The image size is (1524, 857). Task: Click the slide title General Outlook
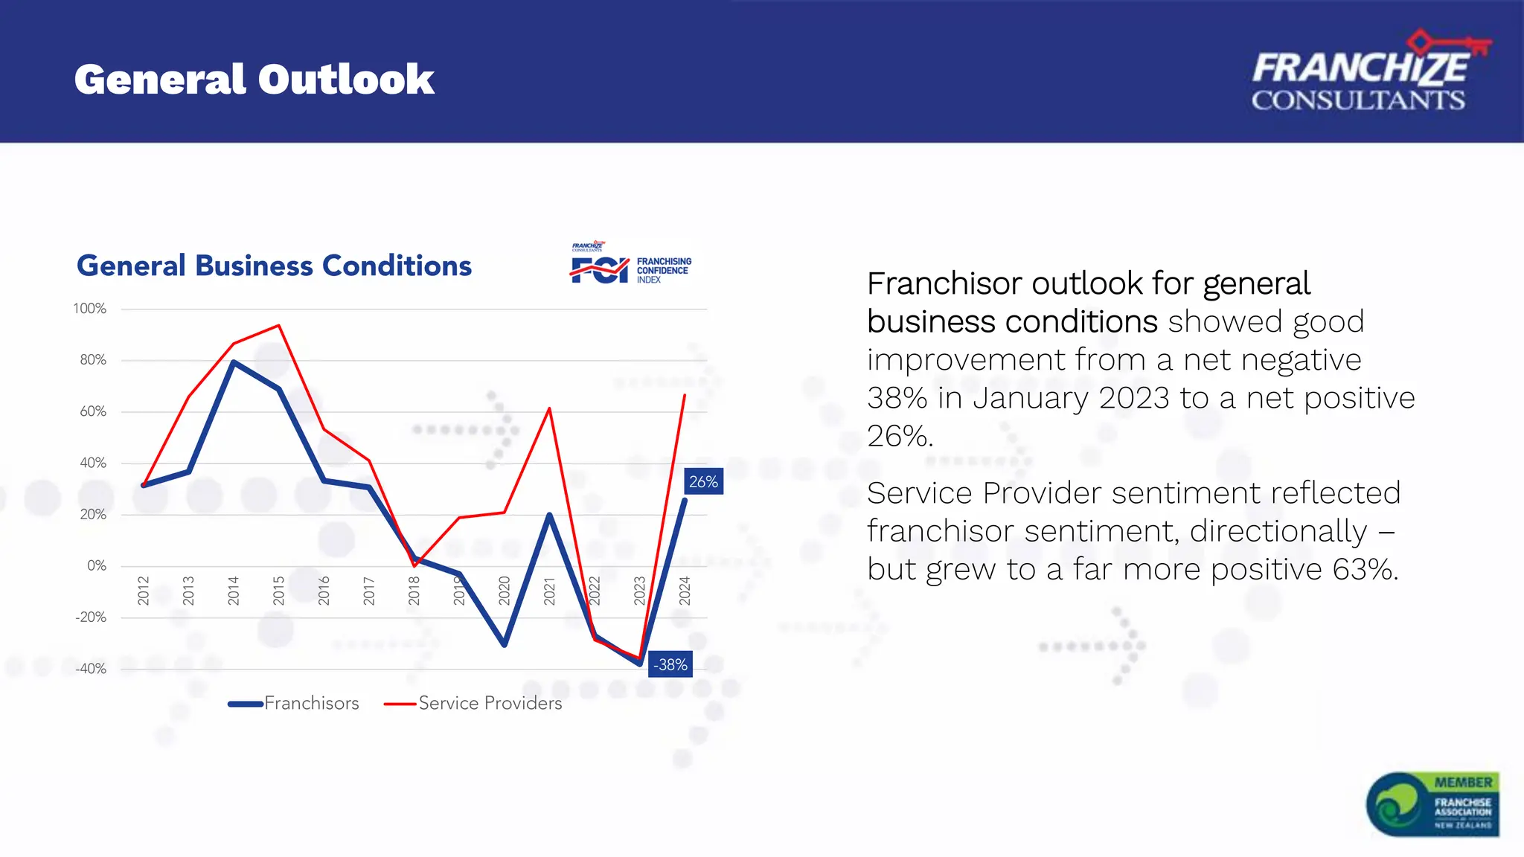tap(254, 80)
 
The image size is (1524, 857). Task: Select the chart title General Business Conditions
tap(274, 266)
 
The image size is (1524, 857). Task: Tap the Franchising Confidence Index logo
tap(631, 265)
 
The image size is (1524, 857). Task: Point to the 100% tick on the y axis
tap(90, 309)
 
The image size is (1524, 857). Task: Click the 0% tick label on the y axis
tap(97, 565)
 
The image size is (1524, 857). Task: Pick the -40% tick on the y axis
tap(91, 669)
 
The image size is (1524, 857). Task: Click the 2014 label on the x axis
tap(233, 590)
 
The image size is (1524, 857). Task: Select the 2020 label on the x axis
tap(505, 590)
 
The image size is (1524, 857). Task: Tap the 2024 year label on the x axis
tap(685, 590)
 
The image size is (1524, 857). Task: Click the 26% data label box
tap(703, 481)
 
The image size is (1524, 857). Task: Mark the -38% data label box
tap(670, 664)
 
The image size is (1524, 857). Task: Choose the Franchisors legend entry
tap(295, 703)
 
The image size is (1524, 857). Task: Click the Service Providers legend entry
tap(474, 703)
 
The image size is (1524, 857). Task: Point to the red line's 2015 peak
tap(278, 326)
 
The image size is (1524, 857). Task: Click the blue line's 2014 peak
tap(233, 362)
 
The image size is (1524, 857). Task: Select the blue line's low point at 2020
tap(505, 644)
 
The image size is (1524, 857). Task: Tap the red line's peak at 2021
tap(549, 408)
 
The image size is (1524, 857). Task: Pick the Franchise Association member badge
tap(1432, 803)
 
